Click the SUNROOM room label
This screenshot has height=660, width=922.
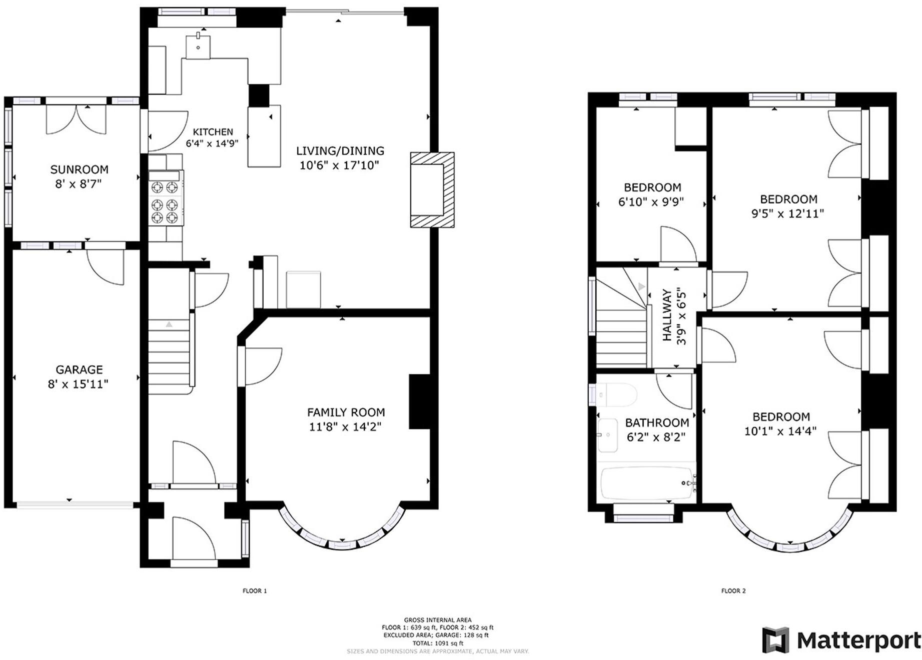(79, 169)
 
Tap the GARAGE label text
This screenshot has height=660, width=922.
(79, 369)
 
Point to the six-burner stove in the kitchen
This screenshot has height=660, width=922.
(166, 198)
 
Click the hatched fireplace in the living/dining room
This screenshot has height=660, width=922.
(432, 190)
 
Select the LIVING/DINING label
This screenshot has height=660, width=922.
(340, 150)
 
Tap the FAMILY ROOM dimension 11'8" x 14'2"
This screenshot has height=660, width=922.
(345, 427)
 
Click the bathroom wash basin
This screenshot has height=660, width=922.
(608, 435)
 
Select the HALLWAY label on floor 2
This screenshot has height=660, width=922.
(667, 315)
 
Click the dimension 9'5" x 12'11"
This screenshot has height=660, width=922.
(787, 213)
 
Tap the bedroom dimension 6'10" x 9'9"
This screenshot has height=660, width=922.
(651, 202)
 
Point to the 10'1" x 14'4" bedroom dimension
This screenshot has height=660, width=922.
(780, 431)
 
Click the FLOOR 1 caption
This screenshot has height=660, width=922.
(255, 591)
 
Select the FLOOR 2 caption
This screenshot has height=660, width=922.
(733, 591)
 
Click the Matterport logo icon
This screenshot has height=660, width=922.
(775, 640)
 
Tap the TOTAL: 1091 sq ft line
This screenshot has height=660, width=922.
(438, 643)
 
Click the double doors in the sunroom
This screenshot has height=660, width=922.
(76, 119)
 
